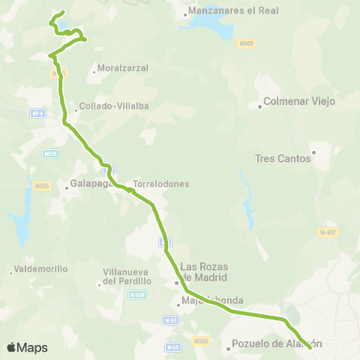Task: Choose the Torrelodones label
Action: [x=161, y=183]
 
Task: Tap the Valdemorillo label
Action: [x=42, y=268]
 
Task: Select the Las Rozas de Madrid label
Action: [x=205, y=271]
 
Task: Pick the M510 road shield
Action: [x=51, y=154]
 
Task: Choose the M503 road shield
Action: [x=201, y=341]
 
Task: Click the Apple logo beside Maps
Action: [x=11, y=347]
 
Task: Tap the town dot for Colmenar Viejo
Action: [x=259, y=106]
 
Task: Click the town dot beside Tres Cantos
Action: [x=313, y=153]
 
